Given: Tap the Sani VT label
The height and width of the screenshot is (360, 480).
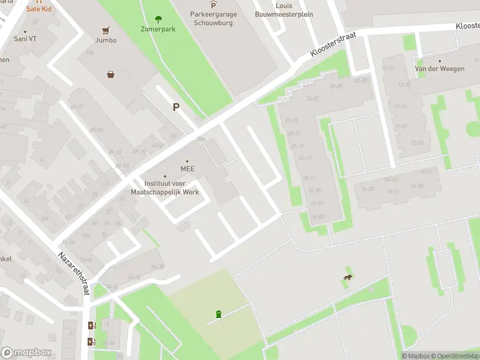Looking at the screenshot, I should [x=25, y=38].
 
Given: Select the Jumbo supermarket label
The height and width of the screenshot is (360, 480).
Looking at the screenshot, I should [x=106, y=40].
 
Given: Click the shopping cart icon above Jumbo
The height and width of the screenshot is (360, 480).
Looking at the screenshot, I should [x=106, y=30].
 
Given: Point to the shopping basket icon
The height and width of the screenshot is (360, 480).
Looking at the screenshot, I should [x=111, y=75].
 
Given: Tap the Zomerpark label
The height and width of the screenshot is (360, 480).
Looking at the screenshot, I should [x=158, y=29].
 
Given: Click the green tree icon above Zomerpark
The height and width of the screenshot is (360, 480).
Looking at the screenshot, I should [x=158, y=19].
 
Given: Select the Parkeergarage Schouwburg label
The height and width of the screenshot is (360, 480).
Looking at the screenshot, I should [x=213, y=19].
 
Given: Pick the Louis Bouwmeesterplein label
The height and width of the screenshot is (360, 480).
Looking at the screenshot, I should [x=284, y=10].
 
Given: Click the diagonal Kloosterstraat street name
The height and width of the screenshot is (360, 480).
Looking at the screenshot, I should [x=334, y=45].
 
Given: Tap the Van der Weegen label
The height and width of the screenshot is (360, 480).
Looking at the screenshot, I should [x=440, y=69].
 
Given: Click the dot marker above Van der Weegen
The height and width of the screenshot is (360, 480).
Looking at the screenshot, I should [x=440, y=61].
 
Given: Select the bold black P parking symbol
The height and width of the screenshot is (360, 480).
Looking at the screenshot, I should [x=176, y=107].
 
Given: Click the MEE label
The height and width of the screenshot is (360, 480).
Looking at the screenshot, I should [x=187, y=169].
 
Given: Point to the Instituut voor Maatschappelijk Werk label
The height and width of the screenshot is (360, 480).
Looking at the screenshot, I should [x=165, y=188].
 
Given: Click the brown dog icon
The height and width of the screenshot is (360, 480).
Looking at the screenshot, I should [x=347, y=277].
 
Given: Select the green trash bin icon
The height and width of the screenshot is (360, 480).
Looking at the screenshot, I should [x=218, y=314].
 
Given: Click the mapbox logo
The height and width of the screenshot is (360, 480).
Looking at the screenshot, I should [x=25, y=353].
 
